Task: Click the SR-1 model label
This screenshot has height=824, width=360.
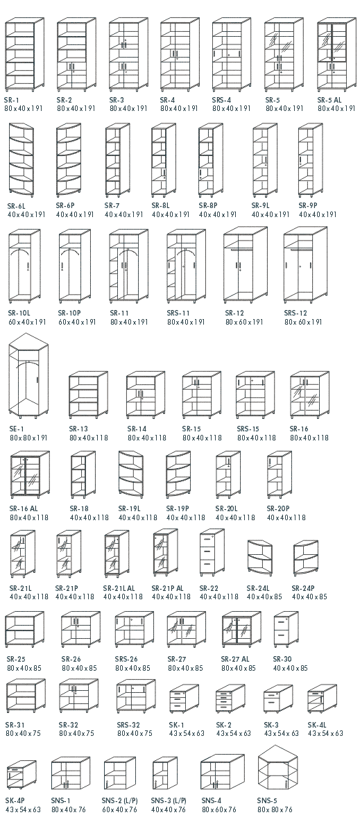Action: (12, 99)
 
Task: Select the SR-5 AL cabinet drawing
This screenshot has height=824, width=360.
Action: (336, 54)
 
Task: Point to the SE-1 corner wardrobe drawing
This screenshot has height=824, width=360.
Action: (28, 376)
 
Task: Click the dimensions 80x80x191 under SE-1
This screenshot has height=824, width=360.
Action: (28, 438)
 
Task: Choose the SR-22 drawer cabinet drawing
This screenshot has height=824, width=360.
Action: (212, 553)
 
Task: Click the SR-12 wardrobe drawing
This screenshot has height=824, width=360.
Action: (246, 265)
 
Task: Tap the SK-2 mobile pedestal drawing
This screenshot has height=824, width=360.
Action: (230, 698)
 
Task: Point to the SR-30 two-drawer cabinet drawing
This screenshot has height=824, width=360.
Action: (286, 629)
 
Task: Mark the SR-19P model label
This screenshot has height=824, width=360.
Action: (177, 508)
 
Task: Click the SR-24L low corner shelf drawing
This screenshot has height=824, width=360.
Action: (259, 556)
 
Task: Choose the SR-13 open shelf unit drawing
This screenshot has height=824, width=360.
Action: (88, 395)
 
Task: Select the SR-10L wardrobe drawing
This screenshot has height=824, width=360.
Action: (24, 266)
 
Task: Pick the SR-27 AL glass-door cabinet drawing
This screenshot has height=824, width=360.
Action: (241, 629)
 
